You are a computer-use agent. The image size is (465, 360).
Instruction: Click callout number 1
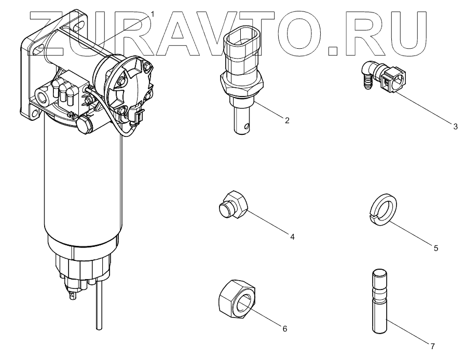(x=152, y=12)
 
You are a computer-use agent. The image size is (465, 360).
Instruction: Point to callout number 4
(x=292, y=237)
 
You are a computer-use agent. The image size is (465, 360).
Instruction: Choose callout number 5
(x=436, y=248)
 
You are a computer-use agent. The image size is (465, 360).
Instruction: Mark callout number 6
(x=284, y=328)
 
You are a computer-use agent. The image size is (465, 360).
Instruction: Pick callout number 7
(x=433, y=345)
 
